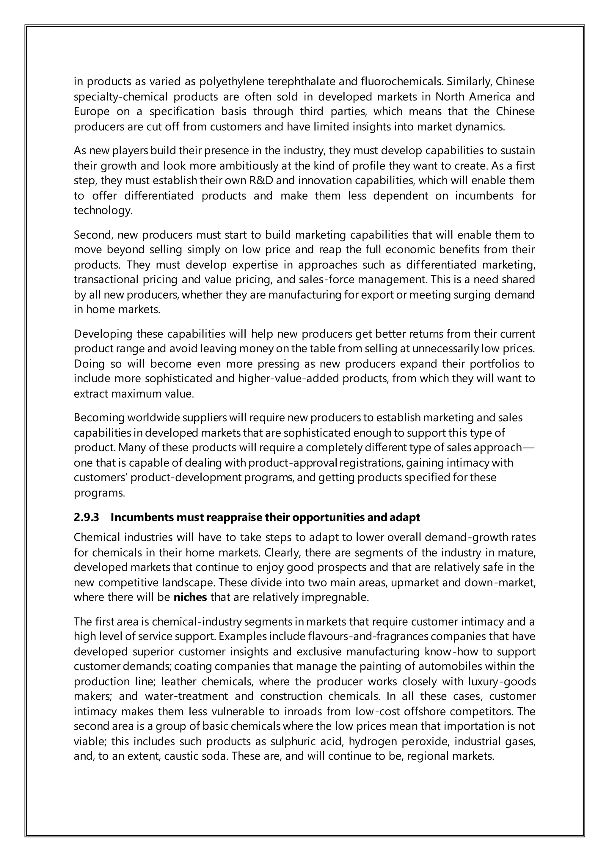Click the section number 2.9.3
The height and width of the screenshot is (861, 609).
pyautogui.click(x=86, y=518)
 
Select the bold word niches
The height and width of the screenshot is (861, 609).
pyautogui.click(x=190, y=597)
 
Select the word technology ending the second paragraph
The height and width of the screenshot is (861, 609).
pyautogui.click(x=103, y=210)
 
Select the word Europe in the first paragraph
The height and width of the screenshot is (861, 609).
pyautogui.click(x=92, y=111)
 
